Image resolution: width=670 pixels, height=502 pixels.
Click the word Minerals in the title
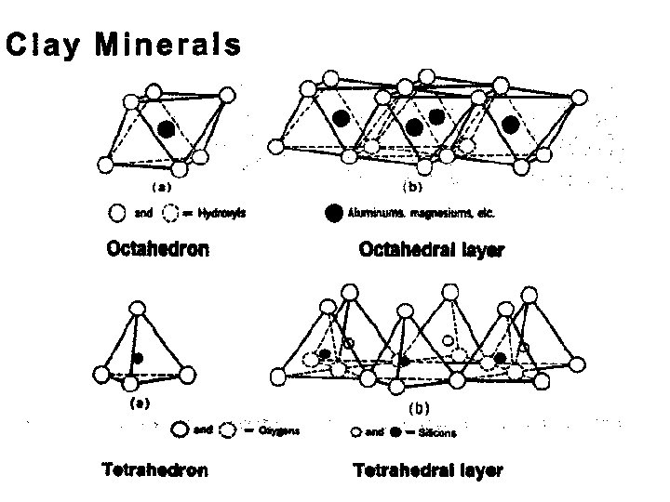coord(167,45)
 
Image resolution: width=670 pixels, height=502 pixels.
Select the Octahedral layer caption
coord(431,250)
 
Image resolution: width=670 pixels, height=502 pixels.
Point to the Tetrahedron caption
coord(155,469)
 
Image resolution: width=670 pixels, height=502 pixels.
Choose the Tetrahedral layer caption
coord(428,470)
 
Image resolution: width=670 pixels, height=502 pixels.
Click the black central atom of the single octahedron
coord(166,129)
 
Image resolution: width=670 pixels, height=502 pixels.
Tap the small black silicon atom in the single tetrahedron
coord(137,358)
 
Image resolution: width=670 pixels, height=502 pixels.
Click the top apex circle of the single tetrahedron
coord(139,308)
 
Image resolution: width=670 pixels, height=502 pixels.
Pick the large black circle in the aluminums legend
coord(333,212)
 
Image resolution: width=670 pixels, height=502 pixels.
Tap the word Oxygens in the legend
coord(280,430)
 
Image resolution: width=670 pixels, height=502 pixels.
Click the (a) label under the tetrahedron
coord(140,403)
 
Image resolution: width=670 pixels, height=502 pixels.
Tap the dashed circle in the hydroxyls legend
coord(171,213)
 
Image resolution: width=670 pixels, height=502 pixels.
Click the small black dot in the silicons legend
coord(395,432)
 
